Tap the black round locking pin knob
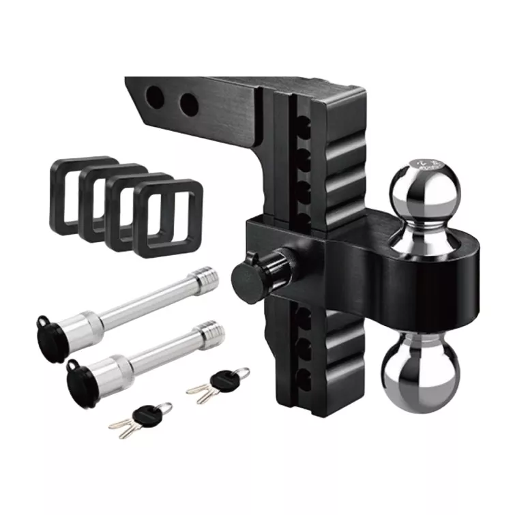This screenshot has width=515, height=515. point(249,278)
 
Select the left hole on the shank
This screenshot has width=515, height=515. point(156,98)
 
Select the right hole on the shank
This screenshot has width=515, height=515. point(188,104)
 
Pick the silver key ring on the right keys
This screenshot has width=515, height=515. point(240,373)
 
